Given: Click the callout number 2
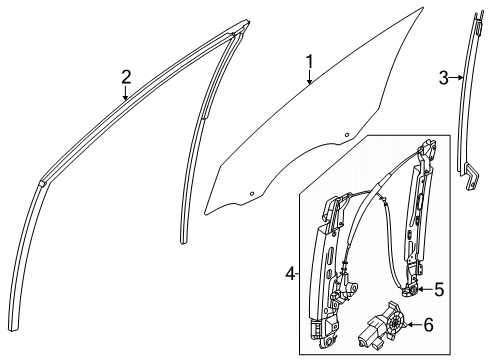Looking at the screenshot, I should pyautogui.click(x=125, y=77).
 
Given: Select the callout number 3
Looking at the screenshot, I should pyautogui.click(x=444, y=76).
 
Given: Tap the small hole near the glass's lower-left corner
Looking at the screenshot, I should pyautogui.click(x=252, y=191).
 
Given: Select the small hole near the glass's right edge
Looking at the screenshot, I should pyautogui.click(x=347, y=133).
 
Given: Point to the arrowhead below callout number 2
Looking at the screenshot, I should pyautogui.click(x=125, y=101).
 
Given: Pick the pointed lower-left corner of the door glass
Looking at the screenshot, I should pyautogui.click(x=206, y=212).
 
